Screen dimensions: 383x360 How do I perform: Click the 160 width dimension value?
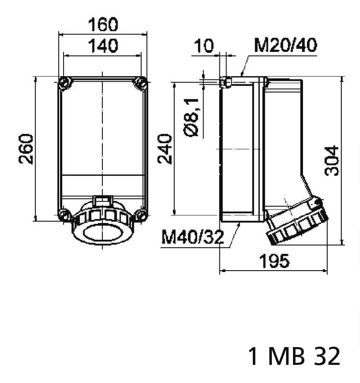click(102, 25)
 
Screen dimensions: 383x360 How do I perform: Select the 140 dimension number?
click(102, 45)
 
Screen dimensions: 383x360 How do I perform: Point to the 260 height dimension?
click(27, 149)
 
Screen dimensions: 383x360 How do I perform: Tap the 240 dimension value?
click(165, 149)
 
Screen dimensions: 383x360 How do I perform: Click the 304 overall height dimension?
click(332, 161)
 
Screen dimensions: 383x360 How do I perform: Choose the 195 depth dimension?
click(274, 261)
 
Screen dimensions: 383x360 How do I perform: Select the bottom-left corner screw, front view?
click(64, 215)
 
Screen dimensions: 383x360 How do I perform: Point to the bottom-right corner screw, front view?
click(140, 215)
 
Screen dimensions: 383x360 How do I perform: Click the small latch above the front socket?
click(102, 200)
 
